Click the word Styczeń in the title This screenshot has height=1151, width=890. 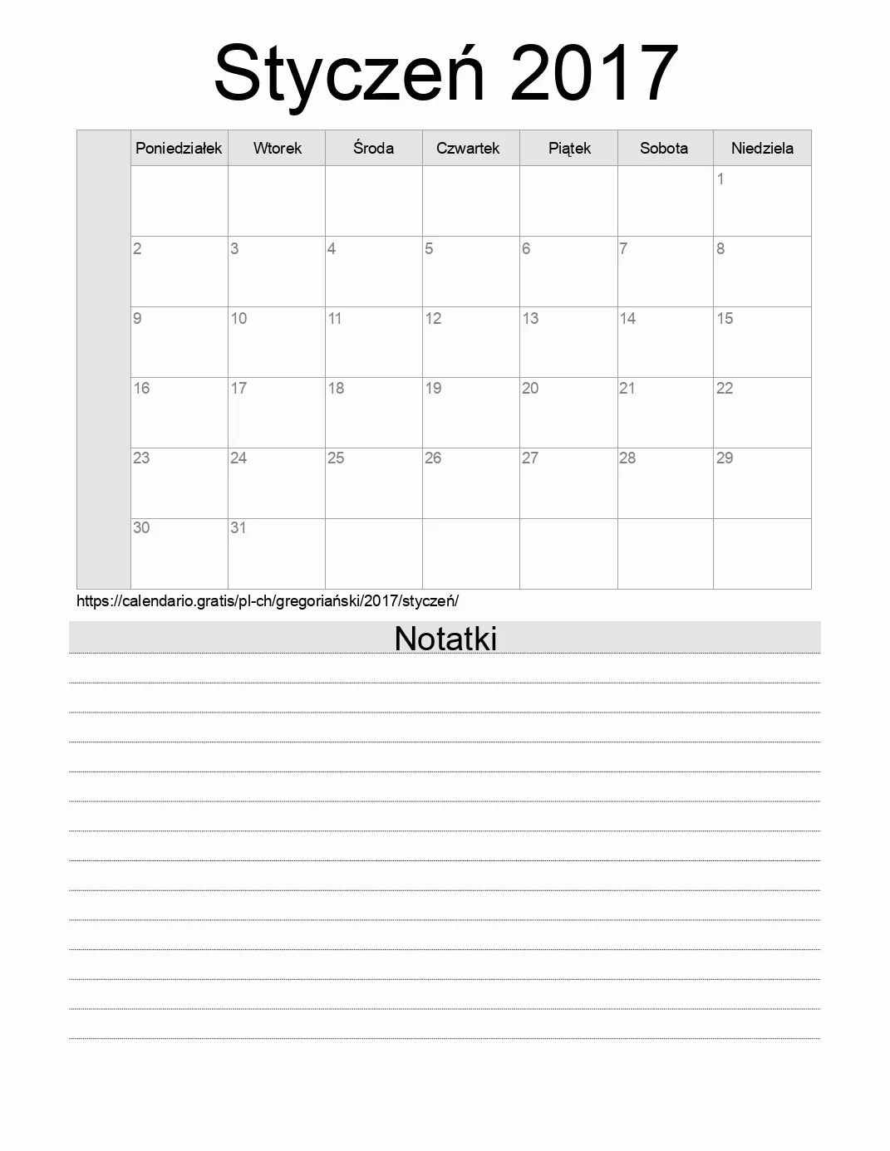(349, 75)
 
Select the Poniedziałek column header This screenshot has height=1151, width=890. (179, 149)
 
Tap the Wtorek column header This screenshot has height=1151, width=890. (277, 149)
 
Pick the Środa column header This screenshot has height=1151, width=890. (373, 148)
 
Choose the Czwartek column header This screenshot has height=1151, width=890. (468, 149)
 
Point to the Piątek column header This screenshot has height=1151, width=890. (569, 149)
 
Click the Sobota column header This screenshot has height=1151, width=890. (663, 149)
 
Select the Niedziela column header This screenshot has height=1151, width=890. (762, 149)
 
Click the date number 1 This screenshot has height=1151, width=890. (720, 179)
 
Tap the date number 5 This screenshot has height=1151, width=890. (429, 249)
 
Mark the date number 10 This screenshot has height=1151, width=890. (238, 319)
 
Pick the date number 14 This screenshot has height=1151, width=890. (627, 319)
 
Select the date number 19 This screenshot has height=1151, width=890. (433, 389)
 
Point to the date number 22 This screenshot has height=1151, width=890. (725, 389)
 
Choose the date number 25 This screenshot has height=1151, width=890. (336, 458)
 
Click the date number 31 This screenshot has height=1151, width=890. (238, 528)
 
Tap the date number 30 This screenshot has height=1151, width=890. (141, 528)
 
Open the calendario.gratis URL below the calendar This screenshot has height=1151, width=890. (268, 601)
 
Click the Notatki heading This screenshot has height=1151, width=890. (445, 639)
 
